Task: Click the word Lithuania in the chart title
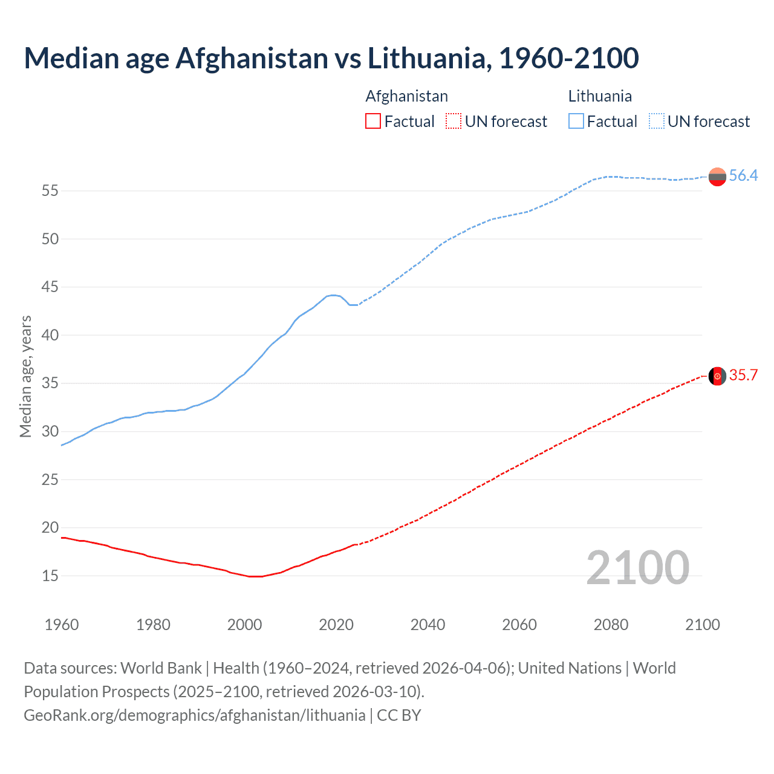pyautogui.click(x=426, y=58)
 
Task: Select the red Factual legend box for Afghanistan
pyautogui.click(x=373, y=122)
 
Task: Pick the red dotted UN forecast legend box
pyautogui.click(x=454, y=122)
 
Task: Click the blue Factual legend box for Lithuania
pyautogui.click(x=576, y=122)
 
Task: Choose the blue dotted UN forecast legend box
pyautogui.click(x=657, y=122)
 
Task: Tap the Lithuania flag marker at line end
pyautogui.click(x=717, y=177)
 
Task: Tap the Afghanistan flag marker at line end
pyautogui.click(x=717, y=376)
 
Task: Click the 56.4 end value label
pyautogui.click(x=743, y=176)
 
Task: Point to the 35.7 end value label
pyautogui.click(x=743, y=376)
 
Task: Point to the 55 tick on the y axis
pyautogui.click(x=50, y=191)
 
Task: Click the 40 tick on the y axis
pyautogui.click(x=50, y=335)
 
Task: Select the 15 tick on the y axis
pyautogui.click(x=50, y=576)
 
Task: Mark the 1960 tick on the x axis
pyautogui.click(x=62, y=625)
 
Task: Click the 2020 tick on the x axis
pyautogui.click(x=336, y=625)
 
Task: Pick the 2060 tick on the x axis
pyautogui.click(x=519, y=625)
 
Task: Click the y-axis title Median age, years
pyautogui.click(x=25, y=376)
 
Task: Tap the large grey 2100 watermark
pyautogui.click(x=638, y=568)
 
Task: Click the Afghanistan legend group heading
pyautogui.click(x=406, y=96)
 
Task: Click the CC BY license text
pyautogui.click(x=399, y=715)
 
